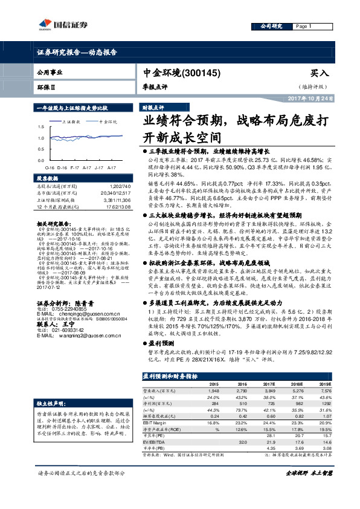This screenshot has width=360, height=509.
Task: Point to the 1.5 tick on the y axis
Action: [40, 128]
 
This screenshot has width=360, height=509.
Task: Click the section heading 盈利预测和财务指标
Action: [170, 376]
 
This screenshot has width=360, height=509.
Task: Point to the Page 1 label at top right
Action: [302, 27]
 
